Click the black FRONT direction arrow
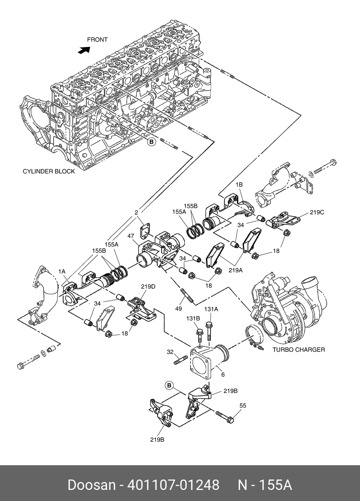click(x=84, y=50)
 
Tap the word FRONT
click(x=97, y=40)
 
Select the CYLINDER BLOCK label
click(x=49, y=171)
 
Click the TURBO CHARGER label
click(x=298, y=350)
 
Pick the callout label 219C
click(x=317, y=212)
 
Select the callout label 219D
click(x=148, y=286)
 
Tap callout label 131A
click(x=211, y=309)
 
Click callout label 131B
click(x=193, y=318)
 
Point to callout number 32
click(x=170, y=352)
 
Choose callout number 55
click(x=243, y=405)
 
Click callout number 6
click(x=223, y=375)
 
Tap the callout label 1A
click(x=62, y=272)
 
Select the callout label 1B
click(x=239, y=185)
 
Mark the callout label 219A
click(x=236, y=271)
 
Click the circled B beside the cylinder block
click(x=152, y=142)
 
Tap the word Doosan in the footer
click(x=92, y=485)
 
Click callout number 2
click(x=136, y=213)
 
